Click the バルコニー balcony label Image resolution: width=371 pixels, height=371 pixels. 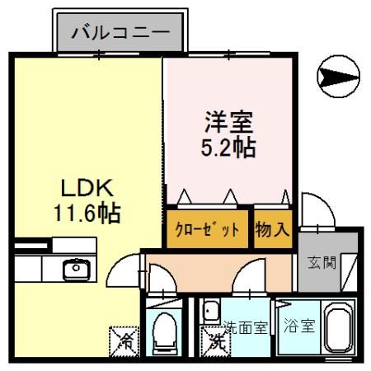tap(120, 33)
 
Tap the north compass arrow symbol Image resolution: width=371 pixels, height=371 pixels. tap(338, 76)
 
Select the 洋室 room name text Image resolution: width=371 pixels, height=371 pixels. tap(228, 122)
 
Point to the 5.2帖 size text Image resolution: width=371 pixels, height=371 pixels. tap(228, 148)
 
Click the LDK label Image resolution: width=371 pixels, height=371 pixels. tap(87, 188)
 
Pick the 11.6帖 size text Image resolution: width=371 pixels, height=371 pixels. tap(87, 213)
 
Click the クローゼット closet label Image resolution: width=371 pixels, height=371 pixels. tap(207, 229)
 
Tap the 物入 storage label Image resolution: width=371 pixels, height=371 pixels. tap(272, 229)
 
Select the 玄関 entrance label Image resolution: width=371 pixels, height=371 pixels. tap(322, 262)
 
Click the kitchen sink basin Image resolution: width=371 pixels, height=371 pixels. tap(77, 270)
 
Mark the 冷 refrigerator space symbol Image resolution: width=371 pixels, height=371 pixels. tap(124, 341)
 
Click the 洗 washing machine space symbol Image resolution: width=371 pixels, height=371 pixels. tap(215, 341)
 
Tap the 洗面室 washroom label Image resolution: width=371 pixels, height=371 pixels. tap(246, 327)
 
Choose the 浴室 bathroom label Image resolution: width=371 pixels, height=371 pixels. tap(299, 326)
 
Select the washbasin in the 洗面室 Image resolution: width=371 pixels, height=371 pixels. tap(211, 311)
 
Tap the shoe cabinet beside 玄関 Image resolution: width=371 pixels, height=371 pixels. tap(349, 272)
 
